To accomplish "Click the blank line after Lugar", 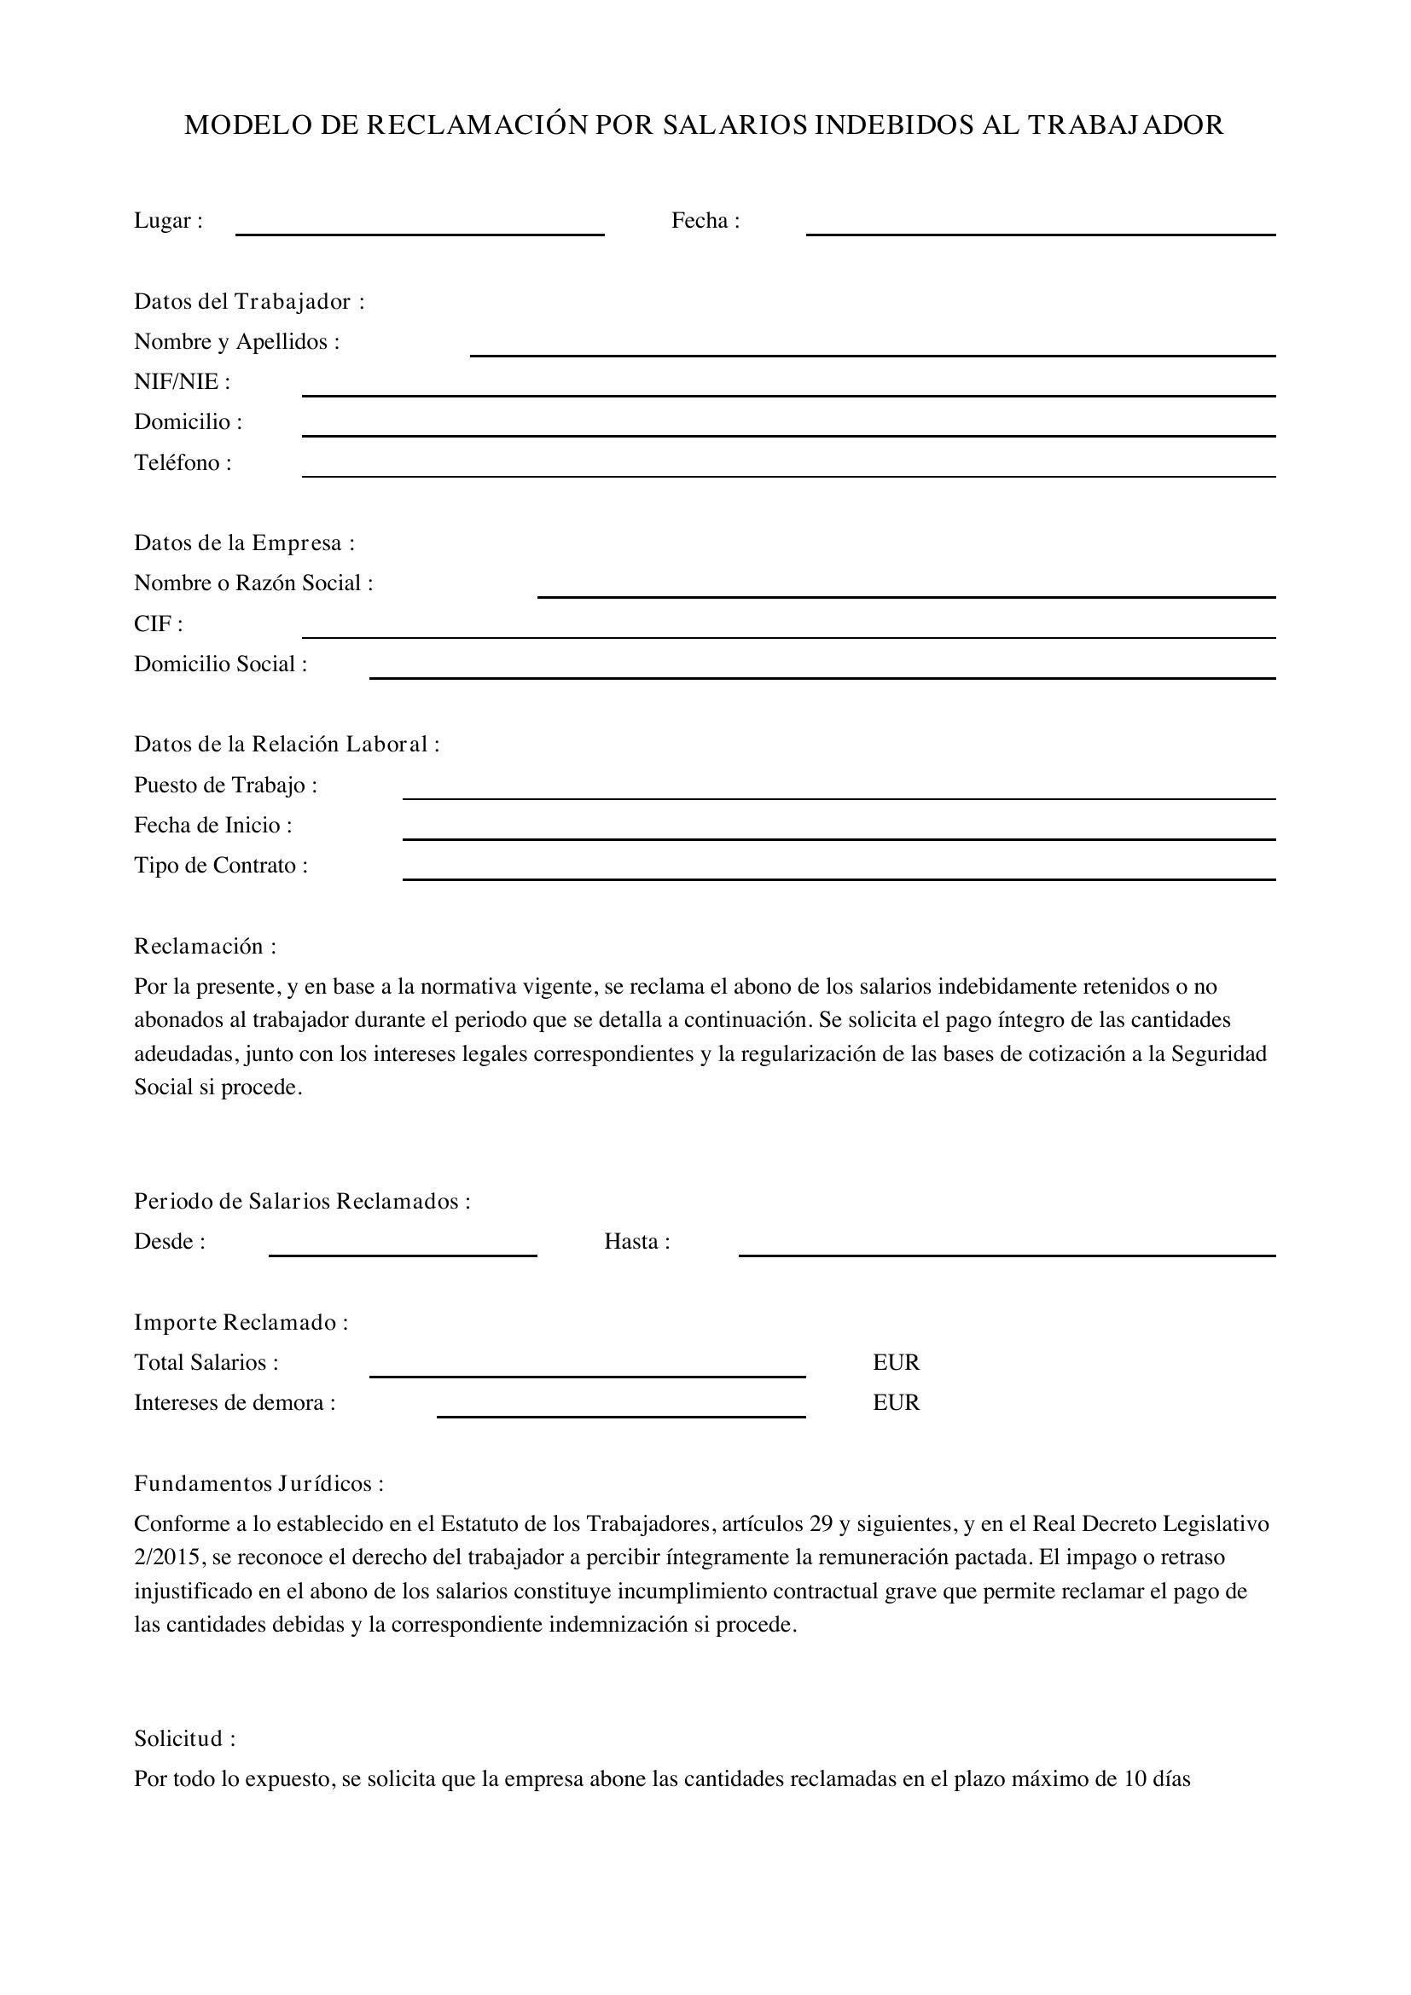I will [420, 228].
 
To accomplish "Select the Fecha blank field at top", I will [1040, 228].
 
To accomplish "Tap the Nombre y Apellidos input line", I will [873, 349].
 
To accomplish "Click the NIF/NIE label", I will [182, 382].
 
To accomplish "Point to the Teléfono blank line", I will [788, 469].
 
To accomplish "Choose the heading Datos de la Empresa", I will [244, 543].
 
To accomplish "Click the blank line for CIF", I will [788, 631].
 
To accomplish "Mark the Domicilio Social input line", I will [822, 670].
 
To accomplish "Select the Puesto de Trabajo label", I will [225, 786].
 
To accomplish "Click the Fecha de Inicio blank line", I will [839, 832].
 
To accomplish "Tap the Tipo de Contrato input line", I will [839, 873].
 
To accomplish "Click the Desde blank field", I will [403, 1249].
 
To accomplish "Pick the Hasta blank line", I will [1006, 1249].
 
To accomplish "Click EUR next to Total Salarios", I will [896, 1362].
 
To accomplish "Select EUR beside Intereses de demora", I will [896, 1402].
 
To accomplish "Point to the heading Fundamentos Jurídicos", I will [258, 1483].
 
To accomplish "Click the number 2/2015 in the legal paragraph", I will [167, 1557].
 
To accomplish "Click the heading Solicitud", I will [184, 1738].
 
